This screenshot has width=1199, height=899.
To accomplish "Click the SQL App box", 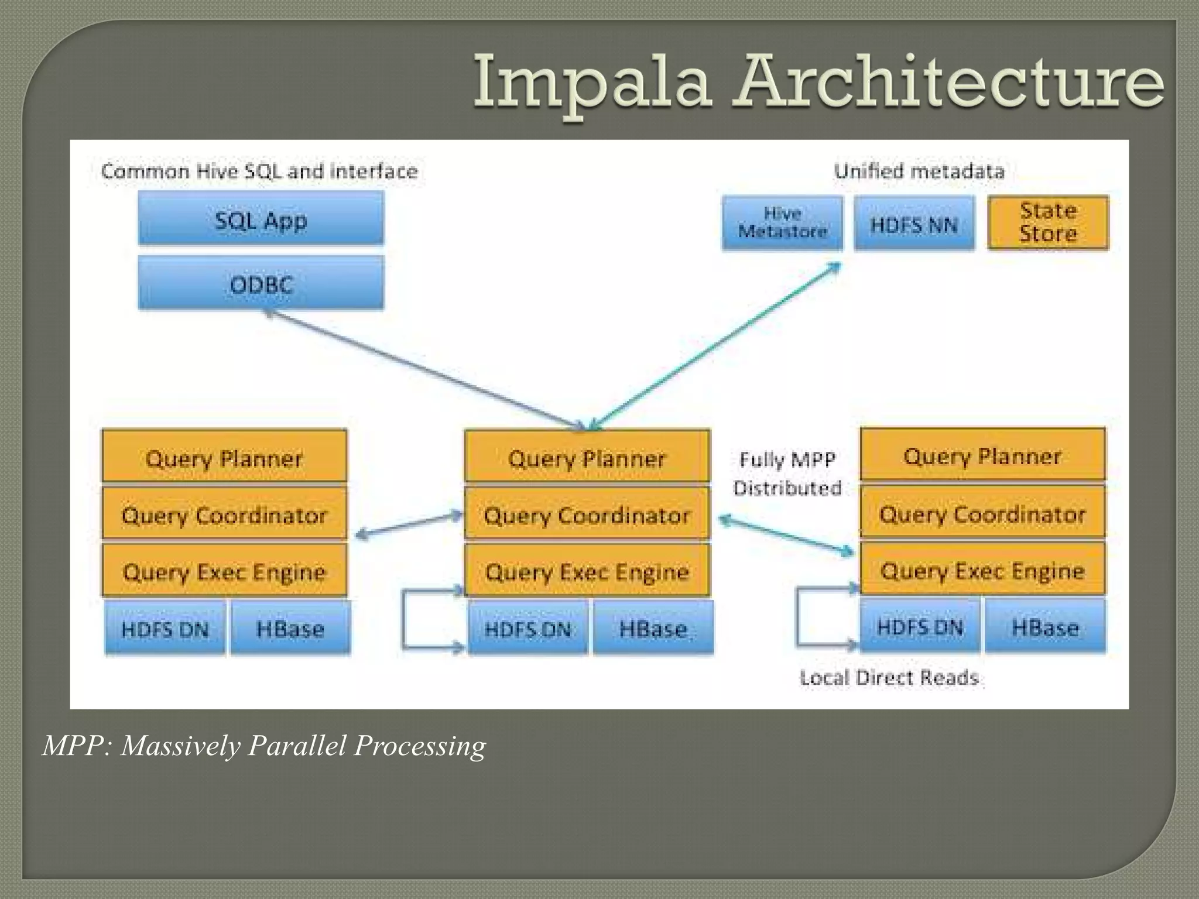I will (261, 219).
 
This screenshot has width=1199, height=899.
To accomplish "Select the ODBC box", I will (261, 284).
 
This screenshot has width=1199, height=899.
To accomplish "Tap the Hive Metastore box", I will (782, 223).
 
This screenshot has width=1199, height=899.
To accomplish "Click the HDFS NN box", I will (914, 224).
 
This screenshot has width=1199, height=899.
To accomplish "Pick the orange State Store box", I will (1048, 223).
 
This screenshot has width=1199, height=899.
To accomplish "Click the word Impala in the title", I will (591, 82).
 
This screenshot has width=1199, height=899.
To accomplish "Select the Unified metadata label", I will (919, 171).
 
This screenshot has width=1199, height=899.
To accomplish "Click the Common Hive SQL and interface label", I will (259, 171).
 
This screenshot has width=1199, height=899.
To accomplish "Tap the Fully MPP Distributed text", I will (787, 473).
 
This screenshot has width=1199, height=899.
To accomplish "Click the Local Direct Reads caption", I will (889, 678).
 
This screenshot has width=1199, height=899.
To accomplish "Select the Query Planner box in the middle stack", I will (587, 458).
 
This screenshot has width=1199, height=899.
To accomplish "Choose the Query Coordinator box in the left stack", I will (224, 514).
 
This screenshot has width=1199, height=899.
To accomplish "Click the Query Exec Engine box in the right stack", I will (982, 569).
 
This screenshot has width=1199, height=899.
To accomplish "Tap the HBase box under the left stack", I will (290, 629).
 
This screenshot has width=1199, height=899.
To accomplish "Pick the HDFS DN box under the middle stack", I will (527, 629).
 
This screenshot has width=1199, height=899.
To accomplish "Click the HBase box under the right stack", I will (1045, 627).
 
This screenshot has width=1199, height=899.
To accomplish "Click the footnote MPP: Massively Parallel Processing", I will (264, 746).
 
